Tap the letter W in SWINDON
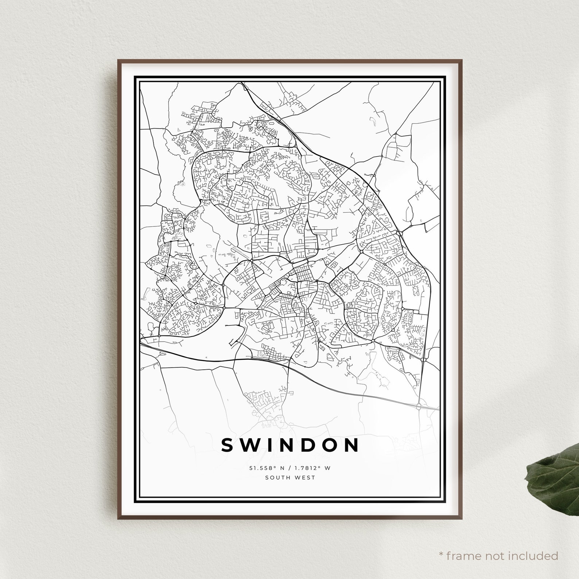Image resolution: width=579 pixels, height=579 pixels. click(x=252, y=445)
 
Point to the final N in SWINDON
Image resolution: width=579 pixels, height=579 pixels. click(x=351, y=445)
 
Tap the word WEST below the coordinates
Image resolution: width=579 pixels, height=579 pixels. click(x=306, y=477)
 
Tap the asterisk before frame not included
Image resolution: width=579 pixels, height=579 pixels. click(x=442, y=555)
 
